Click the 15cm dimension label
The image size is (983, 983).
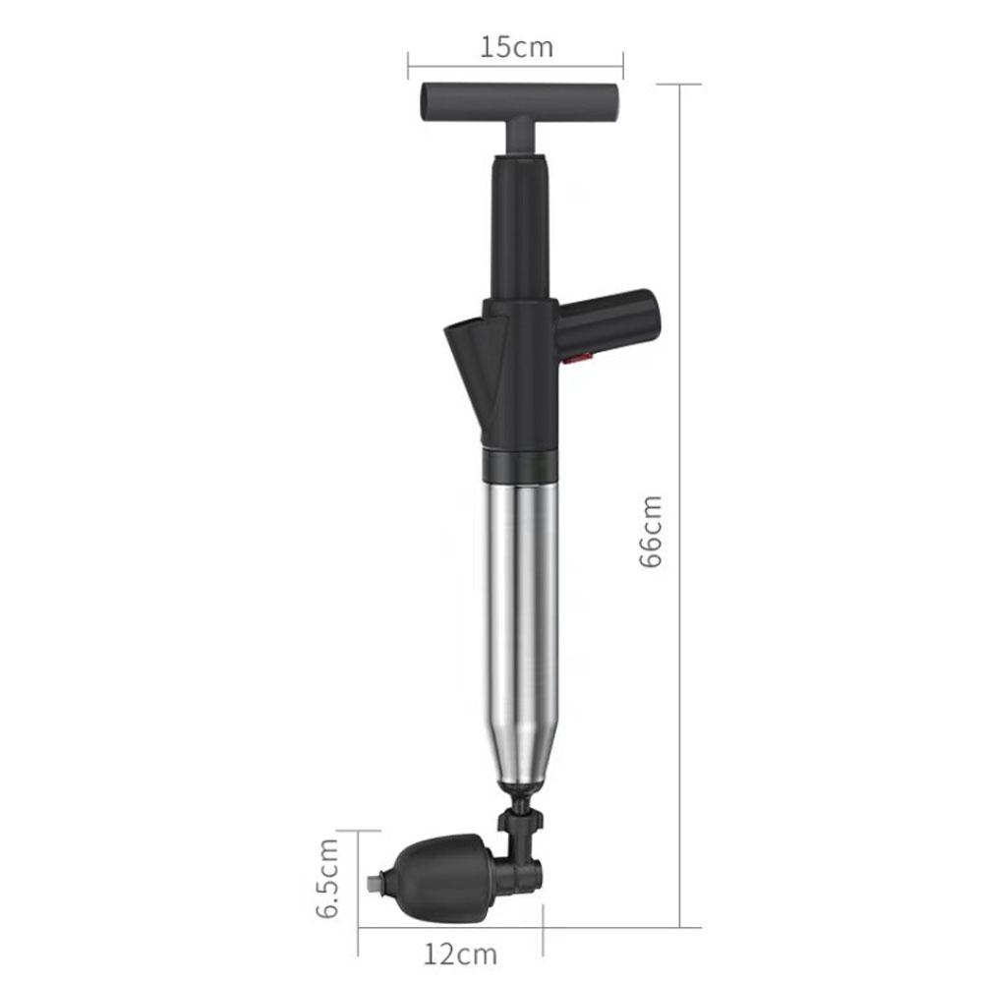(x=517, y=47)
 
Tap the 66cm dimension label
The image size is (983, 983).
(x=651, y=532)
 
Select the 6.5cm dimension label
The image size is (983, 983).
(x=327, y=878)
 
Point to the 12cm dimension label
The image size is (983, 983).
(x=460, y=954)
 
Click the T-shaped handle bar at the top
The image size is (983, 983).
(x=520, y=101)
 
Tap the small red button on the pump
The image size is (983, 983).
(x=578, y=358)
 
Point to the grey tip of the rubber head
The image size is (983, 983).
(x=374, y=884)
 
